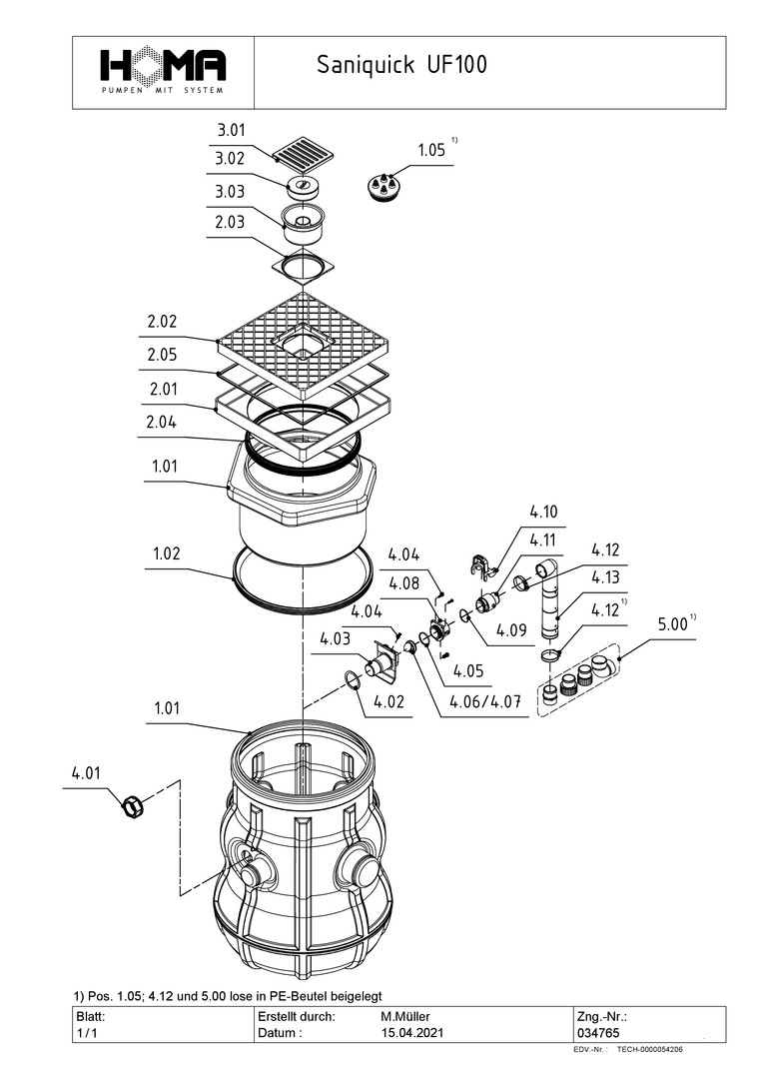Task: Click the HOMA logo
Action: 163,70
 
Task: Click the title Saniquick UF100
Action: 401,66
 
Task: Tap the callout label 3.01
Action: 232,131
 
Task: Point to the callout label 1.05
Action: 430,150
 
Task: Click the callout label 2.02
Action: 162,323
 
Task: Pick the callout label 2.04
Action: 162,423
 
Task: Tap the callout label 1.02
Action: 168,553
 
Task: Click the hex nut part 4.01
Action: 131,804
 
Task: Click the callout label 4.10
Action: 543,513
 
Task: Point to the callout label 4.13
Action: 605,576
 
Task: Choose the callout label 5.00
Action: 671,624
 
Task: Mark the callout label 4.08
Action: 404,583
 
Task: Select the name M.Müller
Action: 403,1016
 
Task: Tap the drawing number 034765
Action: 596,1033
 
